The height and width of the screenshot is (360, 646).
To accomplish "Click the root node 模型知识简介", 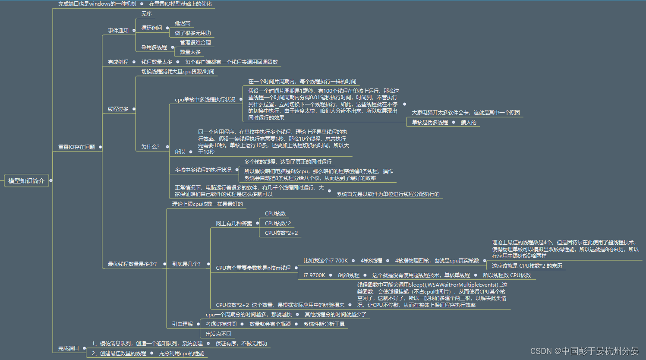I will [26, 181].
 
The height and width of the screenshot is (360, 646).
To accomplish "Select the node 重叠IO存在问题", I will [77, 147].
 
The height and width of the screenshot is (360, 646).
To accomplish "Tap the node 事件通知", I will [118, 31].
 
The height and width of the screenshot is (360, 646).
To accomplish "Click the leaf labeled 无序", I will [147, 14].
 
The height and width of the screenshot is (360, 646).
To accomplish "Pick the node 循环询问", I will [152, 28].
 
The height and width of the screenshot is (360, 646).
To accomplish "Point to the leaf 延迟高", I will [183, 23].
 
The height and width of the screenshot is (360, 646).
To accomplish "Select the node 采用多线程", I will [154, 47].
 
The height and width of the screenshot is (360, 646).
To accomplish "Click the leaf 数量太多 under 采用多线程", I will [190, 52].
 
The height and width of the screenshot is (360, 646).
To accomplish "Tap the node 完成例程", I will [118, 62].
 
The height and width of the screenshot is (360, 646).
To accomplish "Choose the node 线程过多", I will [118, 109].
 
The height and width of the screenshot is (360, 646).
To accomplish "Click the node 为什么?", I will [151, 147].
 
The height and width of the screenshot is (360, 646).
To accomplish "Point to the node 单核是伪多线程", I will [430, 123].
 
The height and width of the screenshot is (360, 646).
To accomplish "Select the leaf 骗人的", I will [469, 123].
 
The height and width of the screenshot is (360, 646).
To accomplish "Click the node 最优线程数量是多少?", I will [132, 264].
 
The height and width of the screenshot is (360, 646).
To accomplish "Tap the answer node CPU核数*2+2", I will [281, 233].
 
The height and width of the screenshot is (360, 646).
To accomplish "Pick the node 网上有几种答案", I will [234, 224].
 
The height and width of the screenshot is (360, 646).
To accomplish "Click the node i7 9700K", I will [314, 275].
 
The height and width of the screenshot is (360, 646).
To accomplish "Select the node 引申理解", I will [182, 324].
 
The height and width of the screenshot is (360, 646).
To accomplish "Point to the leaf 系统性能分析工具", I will [324, 324].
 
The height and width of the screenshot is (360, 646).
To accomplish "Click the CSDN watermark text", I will [584, 351].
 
